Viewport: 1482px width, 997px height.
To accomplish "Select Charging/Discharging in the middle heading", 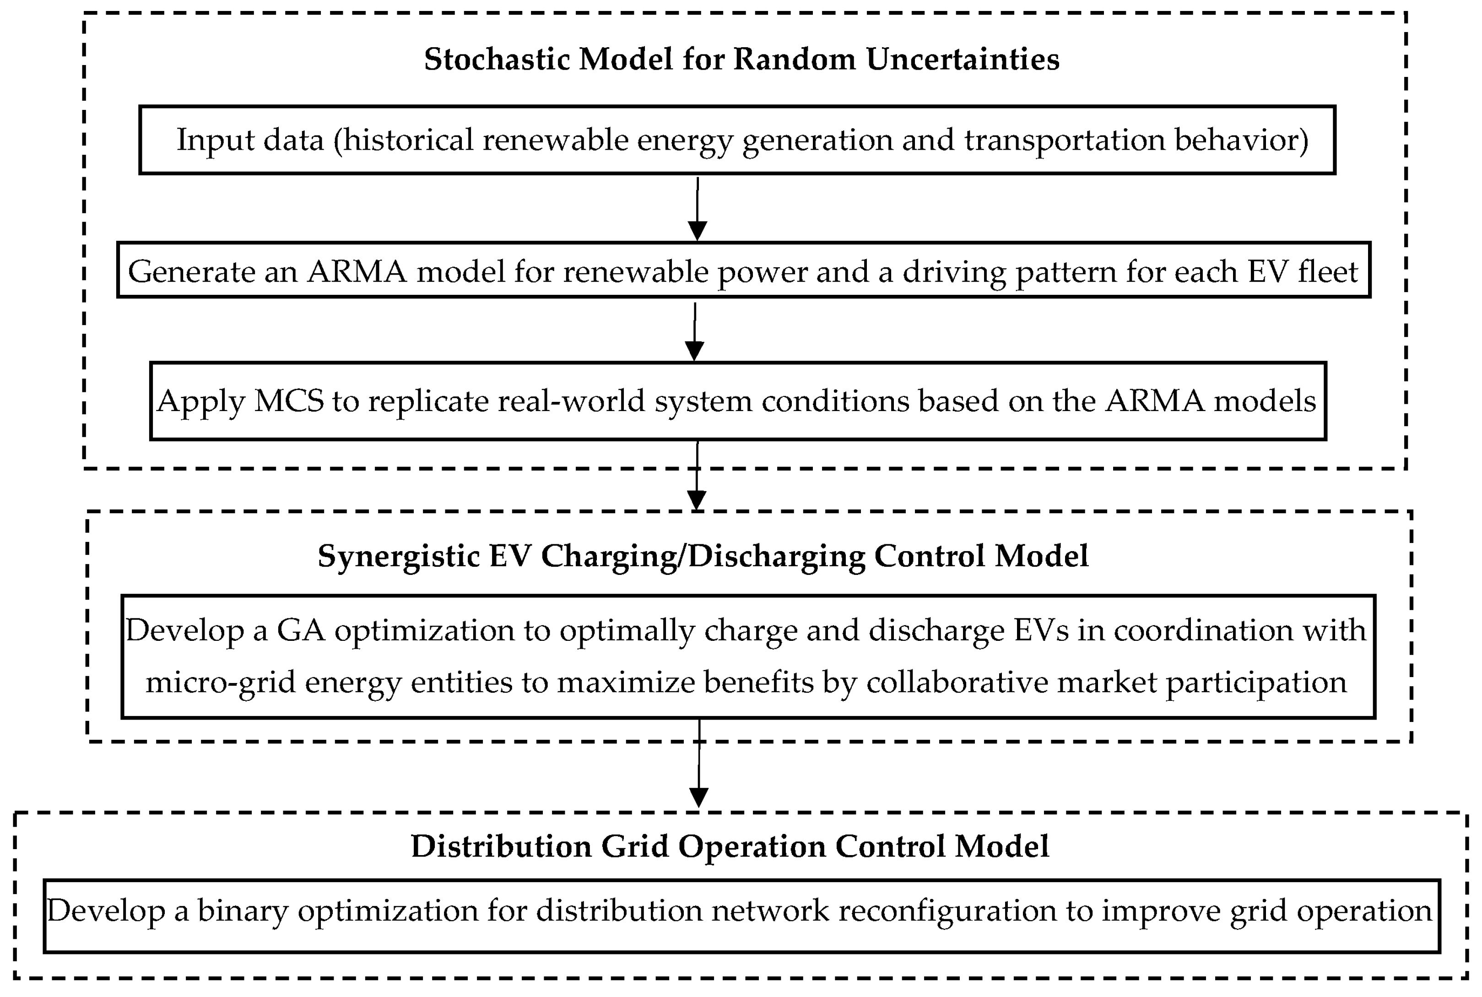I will point(702,556).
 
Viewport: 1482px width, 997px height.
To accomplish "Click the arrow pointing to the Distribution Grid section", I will point(699,763).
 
